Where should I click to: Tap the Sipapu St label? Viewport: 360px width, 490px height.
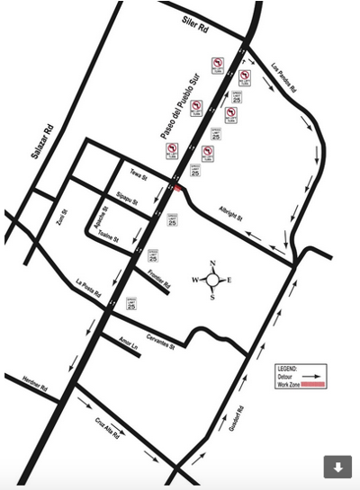point(127,196)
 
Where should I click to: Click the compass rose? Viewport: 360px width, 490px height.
point(212,280)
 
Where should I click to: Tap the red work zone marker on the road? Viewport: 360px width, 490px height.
point(179,187)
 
